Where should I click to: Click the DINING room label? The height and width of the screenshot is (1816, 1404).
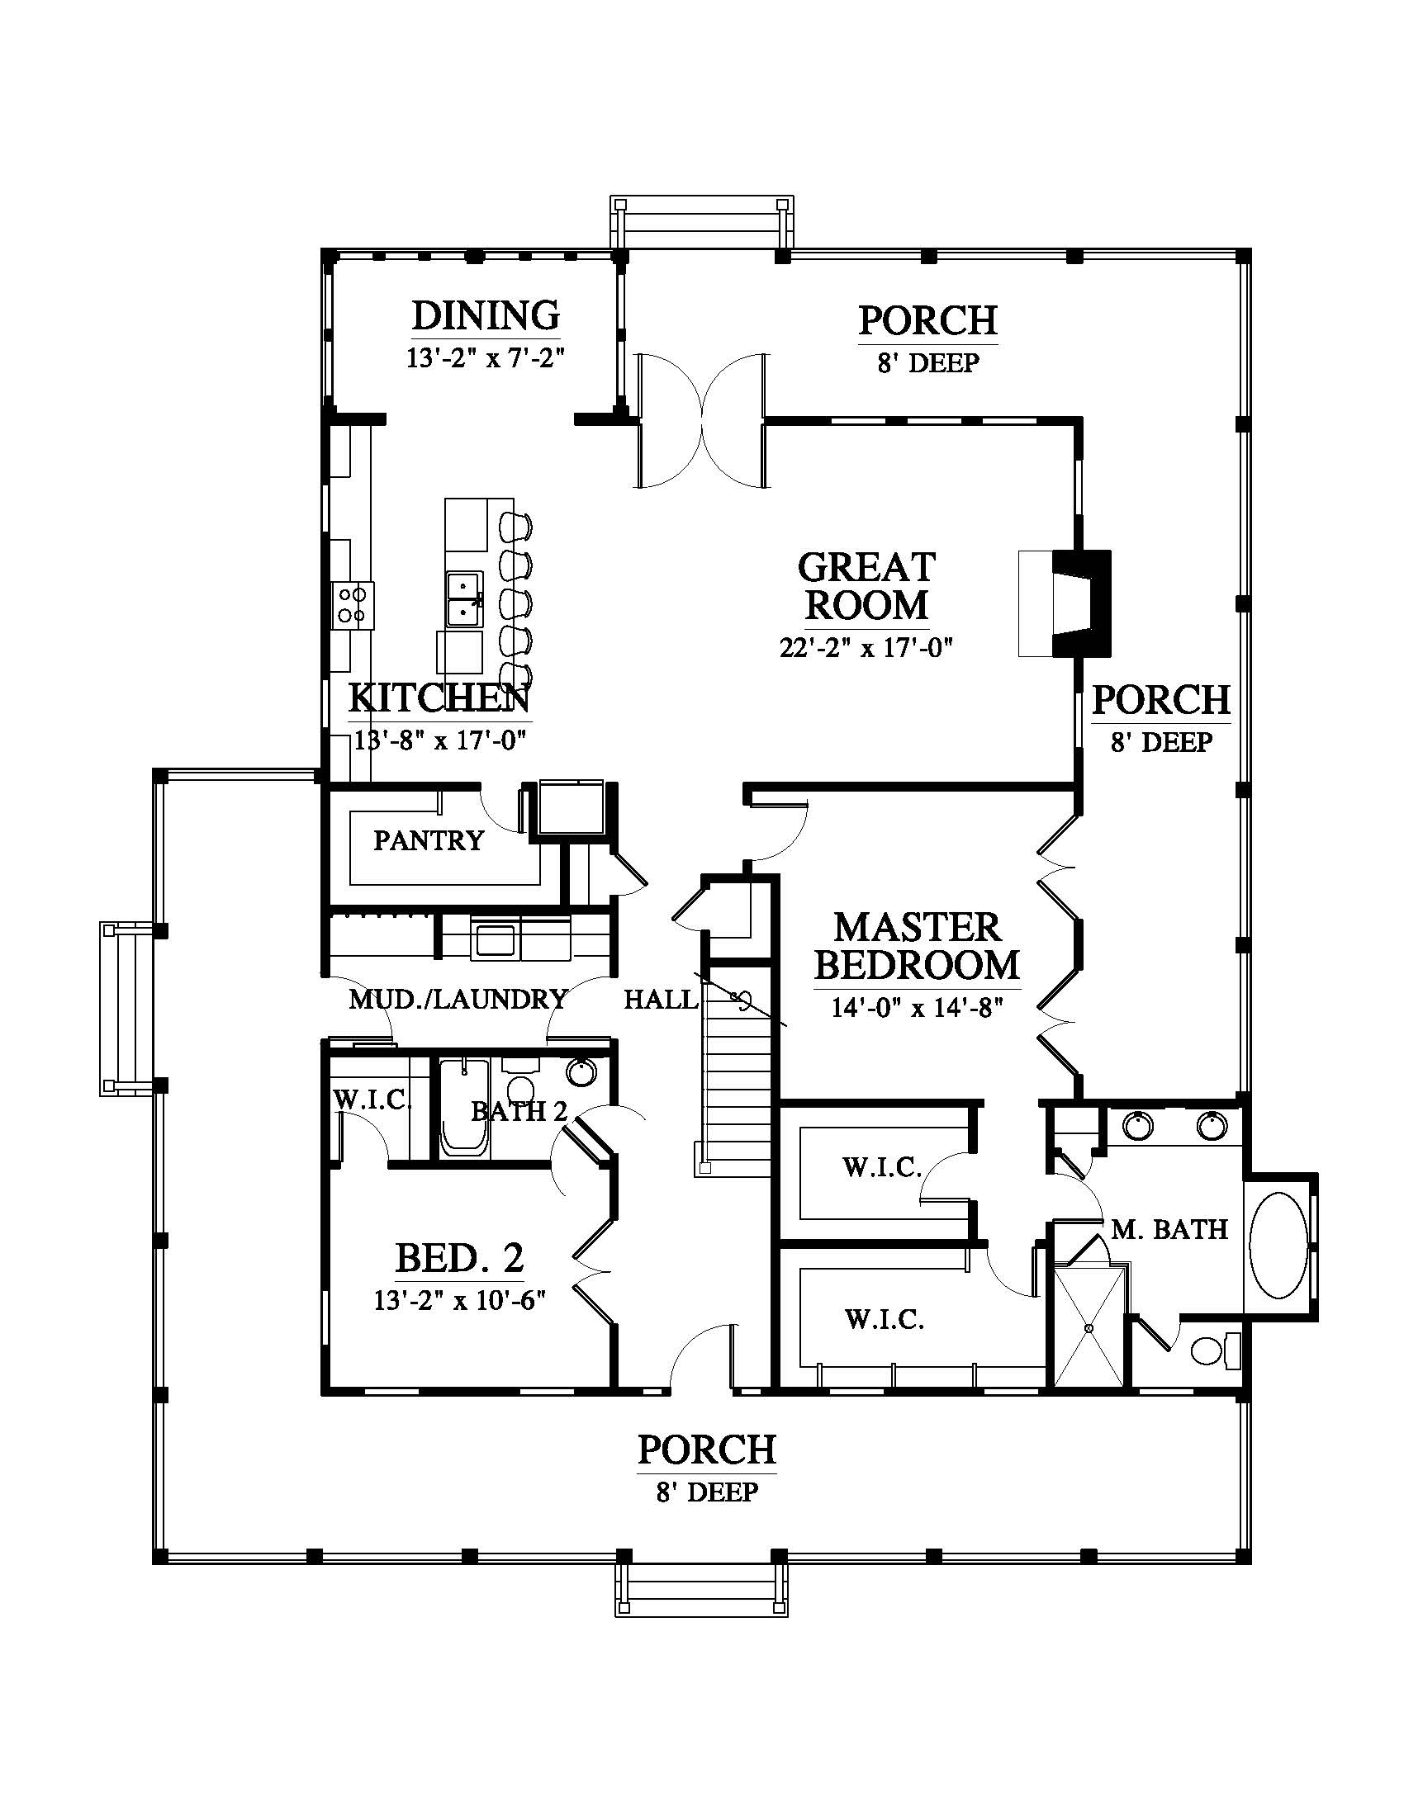click(x=486, y=315)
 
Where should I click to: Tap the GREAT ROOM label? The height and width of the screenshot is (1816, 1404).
click(x=866, y=586)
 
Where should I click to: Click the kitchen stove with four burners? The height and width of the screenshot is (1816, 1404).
click(x=353, y=604)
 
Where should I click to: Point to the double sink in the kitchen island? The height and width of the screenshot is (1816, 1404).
click(x=464, y=598)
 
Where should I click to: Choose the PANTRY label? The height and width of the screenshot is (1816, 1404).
click(x=429, y=840)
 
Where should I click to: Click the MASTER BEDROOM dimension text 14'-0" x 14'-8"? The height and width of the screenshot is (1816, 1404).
click(x=917, y=1008)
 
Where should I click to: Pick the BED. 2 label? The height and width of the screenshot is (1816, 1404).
click(x=459, y=1259)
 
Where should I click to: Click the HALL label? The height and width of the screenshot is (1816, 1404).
click(x=662, y=1000)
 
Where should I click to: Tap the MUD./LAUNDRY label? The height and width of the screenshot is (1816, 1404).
click(x=458, y=1000)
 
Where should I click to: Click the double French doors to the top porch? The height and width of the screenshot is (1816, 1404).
click(x=700, y=420)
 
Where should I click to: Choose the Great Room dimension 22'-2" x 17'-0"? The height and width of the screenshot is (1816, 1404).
click(x=865, y=647)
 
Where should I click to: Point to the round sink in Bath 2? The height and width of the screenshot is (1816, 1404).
click(x=581, y=1071)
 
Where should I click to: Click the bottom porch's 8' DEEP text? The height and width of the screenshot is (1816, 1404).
click(x=707, y=1492)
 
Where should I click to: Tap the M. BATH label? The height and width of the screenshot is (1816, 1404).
click(x=1169, y=1229)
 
